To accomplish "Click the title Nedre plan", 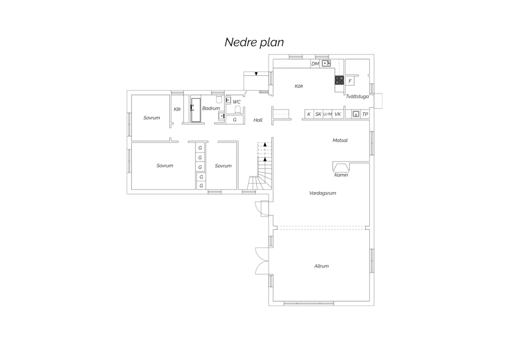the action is pyautogui.click(x=254, y=42).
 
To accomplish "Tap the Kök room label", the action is pyautogui.click(x=299, y=86).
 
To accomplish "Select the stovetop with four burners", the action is pyautogui.click(x=339, y=80).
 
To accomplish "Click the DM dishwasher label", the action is pyautogui.click(x=315, y=64).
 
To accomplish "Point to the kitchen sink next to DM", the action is pyautogui.click(x=326, y=64).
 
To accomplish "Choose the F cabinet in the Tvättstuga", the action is pyautogui.click(x=350, y=81).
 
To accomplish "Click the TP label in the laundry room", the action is pyautogui.click(x=365, y=114).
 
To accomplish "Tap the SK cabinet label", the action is pyautogui.click(x=318, y=114).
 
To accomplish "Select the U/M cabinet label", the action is pyautogui.click(x=327, y=114).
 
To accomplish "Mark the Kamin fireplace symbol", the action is pyautogui.click(x=341, y=167).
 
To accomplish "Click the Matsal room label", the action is pyautogui.click(x=340, y=140).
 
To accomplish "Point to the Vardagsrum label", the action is pyautogui.click(x=322, y=193).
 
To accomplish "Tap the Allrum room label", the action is pyautogui.click(x=321, y=266).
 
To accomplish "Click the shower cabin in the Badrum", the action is pyautogui.click(x=196, y=110).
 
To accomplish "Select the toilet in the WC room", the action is pyautogui.click(x=238, y=110).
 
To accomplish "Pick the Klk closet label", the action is pyautogui.click(x=177, y=109).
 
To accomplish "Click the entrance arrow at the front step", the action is pyautogui.click(x=256, y=74).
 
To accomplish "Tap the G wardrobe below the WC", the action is pyautogui.click(x=235, y=120).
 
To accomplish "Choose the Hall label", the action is pyautogui.click(x=258, y=120).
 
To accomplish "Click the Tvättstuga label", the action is pyautogui.click(x=357, y=96).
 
